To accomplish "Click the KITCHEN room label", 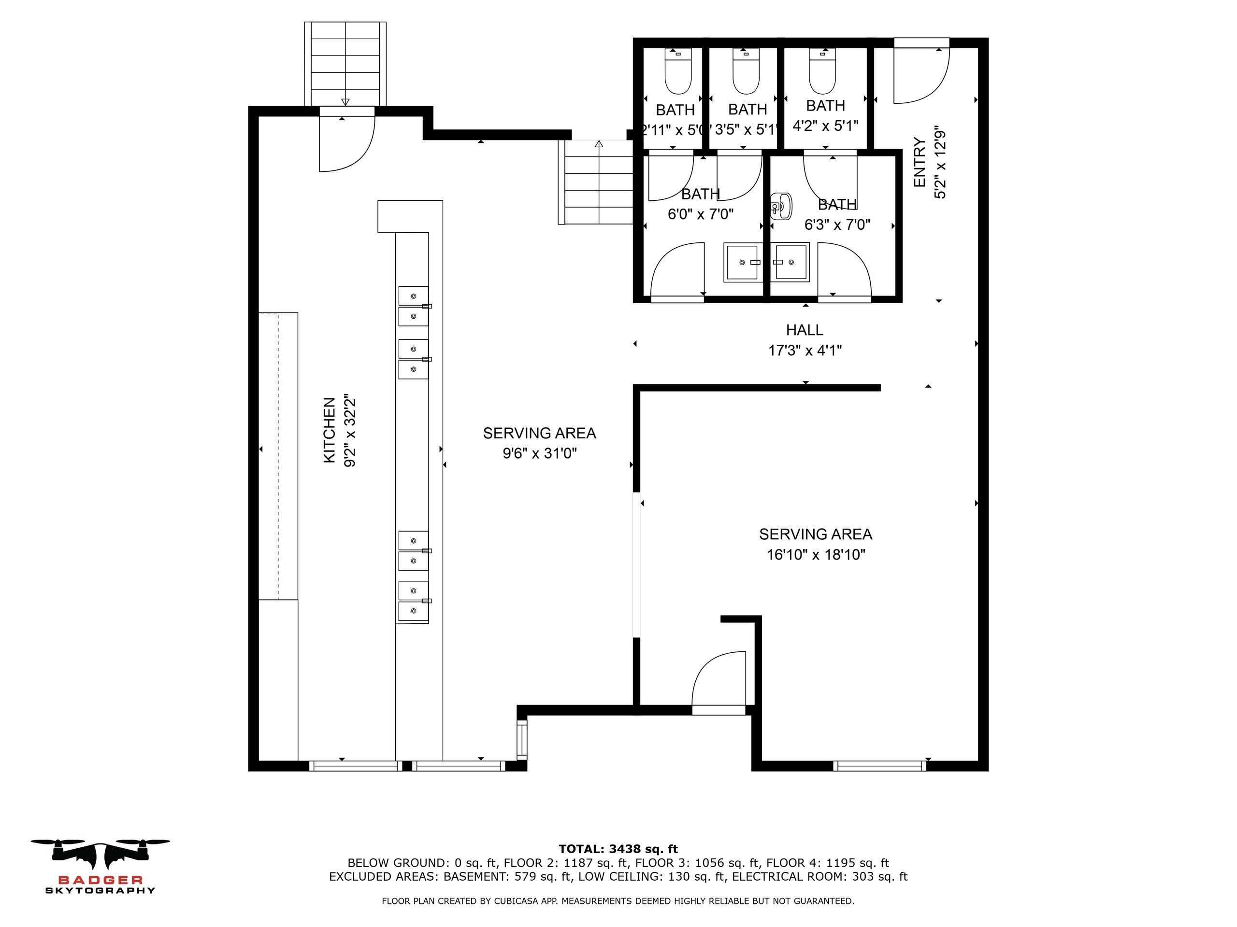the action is [330, 430].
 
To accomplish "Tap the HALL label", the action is [805, 330].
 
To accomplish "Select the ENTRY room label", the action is [920, 163].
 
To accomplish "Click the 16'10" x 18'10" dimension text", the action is [816, 555].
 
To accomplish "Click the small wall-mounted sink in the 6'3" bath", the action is [781, 206].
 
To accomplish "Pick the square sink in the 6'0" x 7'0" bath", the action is [743, 262].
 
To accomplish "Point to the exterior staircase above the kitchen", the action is [345, 64].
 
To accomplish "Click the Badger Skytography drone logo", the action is [100, 866].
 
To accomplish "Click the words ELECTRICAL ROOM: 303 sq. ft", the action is [820, 877].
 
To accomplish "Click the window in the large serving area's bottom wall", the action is [879, 766].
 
